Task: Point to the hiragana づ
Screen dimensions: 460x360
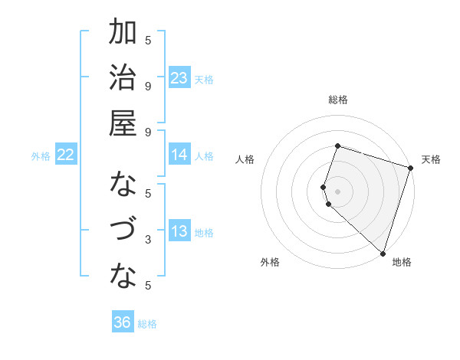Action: [123, 230]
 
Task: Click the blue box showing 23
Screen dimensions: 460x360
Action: [179, 78]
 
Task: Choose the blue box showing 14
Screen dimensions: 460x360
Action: [179, 155]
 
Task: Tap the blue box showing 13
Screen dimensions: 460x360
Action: [179, 232]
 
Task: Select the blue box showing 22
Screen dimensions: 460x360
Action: [66, 155]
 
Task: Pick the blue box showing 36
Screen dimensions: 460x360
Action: [123, 323]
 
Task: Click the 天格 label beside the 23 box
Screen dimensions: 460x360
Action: [205, 79]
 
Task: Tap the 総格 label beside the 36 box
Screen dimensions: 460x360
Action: [148, 324]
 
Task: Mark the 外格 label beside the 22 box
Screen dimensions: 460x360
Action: [41, 156]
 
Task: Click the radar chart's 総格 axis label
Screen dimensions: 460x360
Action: [338, 100]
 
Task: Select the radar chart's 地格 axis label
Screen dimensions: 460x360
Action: [402, 262]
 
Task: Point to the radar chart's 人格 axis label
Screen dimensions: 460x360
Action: [245, 159]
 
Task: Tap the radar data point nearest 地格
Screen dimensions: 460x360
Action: [382, 252]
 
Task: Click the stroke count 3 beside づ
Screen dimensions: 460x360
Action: [148, 240]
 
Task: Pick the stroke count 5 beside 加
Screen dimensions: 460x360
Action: [148, 40]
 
